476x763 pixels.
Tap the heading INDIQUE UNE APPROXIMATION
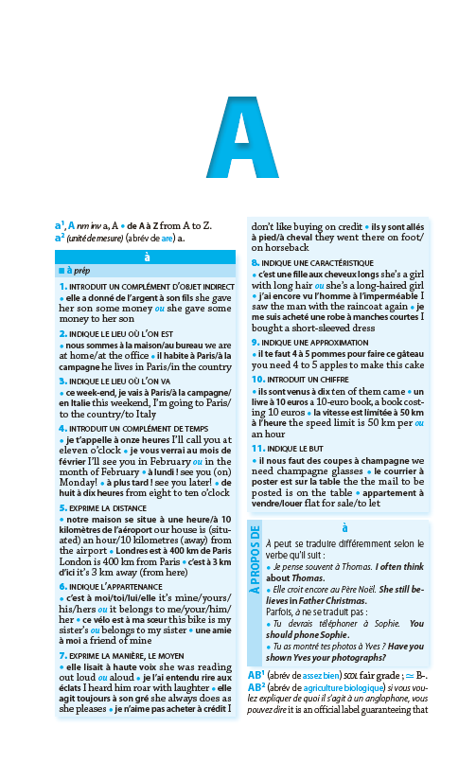coord(305,341)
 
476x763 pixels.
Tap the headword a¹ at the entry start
coord(59,225)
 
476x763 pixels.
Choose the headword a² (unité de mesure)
coord(59,238)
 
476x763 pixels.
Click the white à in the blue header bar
coord(146,257)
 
